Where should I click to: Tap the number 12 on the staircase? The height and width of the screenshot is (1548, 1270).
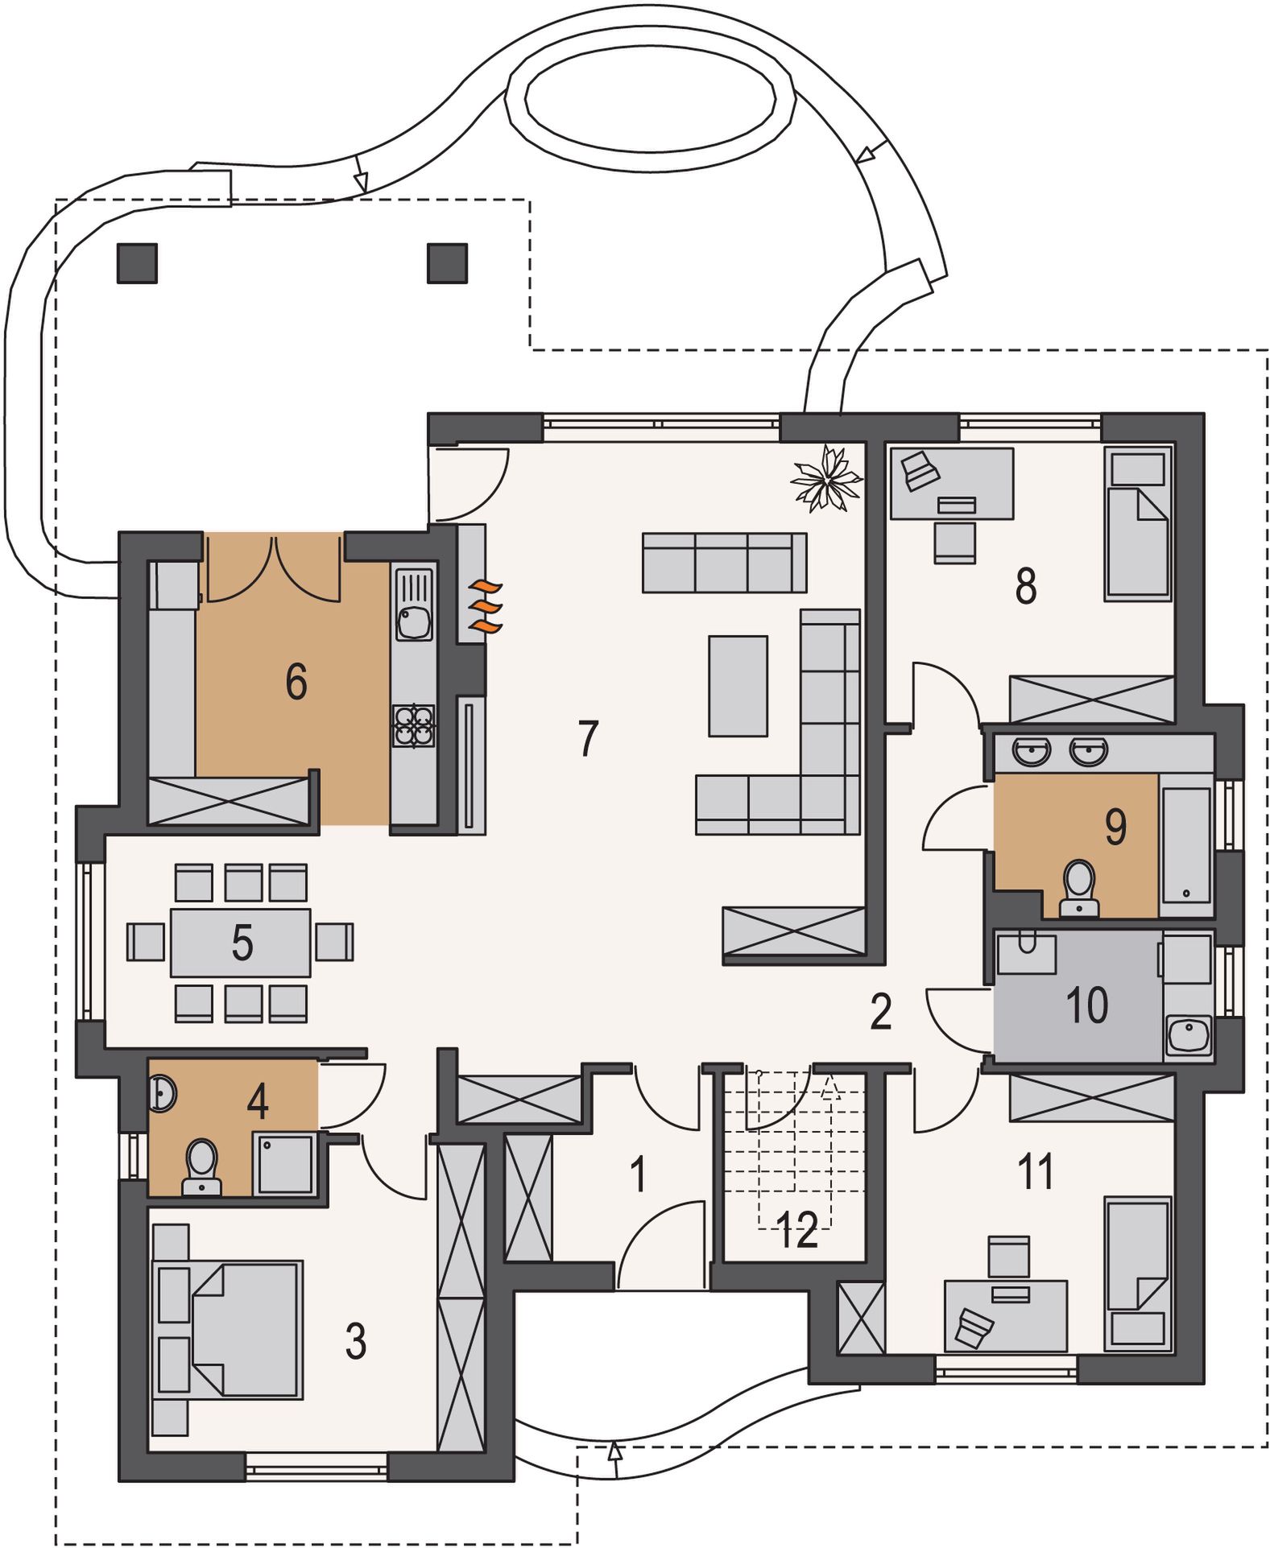(796, 1230)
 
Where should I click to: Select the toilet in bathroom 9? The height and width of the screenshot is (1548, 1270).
(1079, 889)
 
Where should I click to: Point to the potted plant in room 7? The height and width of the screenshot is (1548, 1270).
(826, 478)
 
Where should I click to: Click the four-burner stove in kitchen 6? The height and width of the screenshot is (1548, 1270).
(414, 726)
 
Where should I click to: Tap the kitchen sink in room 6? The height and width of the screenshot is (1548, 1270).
(414, 604)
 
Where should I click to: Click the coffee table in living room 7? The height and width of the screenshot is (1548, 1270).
(738, 686)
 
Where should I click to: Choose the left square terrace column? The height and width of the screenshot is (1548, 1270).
(137, 262)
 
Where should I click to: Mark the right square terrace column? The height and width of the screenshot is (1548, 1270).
(447, 262)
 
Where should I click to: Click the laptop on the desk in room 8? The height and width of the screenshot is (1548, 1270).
(920, 470)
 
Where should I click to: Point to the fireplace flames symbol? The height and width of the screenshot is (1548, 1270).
(486, 605)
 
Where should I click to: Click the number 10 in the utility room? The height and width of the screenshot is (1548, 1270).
(1086, 1005)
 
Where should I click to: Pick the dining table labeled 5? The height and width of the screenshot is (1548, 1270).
(241, 943)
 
